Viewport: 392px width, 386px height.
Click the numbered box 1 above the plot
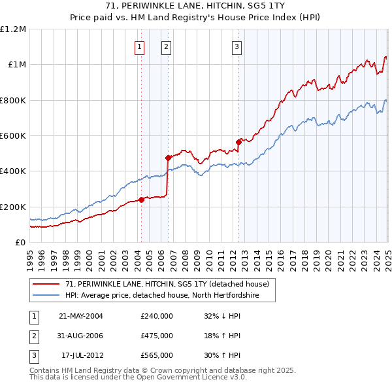coord(140,46)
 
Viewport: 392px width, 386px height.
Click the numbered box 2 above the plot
coord(167,46)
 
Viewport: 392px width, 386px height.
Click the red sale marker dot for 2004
coord(141,200)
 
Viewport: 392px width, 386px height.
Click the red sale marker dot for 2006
coord(168,158)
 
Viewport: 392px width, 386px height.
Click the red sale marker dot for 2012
coord(238,142)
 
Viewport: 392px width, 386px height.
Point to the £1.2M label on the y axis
coord(13,29)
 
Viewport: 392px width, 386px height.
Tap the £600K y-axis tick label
coord(13,136)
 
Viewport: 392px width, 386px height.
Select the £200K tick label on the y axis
coord(13,207)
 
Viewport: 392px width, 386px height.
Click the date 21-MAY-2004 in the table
coord(81,316)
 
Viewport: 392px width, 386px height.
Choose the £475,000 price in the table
coord(157,336)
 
